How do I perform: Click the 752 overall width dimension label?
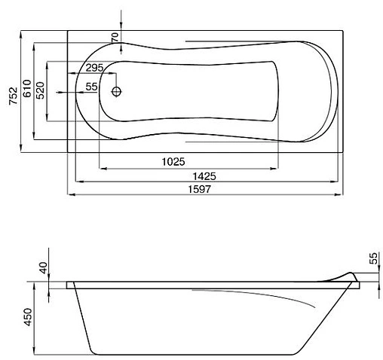(x=14, y=96)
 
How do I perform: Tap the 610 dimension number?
(x=27, y=88)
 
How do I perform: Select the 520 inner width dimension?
(x=40, y=90)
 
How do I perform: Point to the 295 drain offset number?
(x=94, y=68)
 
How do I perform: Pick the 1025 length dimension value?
(x=173, y=162)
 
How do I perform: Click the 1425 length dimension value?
(x=204, y=176)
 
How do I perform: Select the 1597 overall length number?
(x=200, y=189)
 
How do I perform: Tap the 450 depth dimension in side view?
(x=28, y=317)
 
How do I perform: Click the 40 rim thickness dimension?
(x=44, y=268)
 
